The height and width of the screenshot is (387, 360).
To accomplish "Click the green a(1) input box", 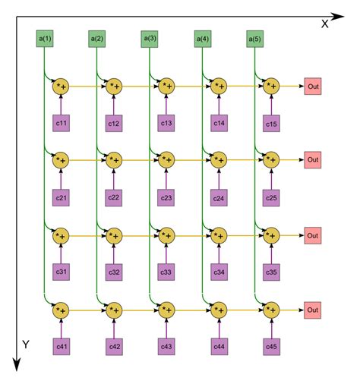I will (44, 37).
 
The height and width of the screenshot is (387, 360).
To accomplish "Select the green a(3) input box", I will (150, 37).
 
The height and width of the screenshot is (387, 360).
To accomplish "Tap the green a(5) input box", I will (255, 37).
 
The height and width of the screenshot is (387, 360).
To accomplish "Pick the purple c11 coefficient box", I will (61, 122).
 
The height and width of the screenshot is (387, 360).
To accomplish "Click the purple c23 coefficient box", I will (166, 197).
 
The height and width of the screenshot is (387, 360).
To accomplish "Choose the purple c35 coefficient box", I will (271, 272).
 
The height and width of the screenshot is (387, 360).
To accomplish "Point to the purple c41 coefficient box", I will (61, 346).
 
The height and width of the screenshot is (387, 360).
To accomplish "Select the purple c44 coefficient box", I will (219, 346).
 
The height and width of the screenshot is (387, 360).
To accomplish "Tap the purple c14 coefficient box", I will (219, 122).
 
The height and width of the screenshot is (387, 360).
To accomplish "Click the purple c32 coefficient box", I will (114, 271).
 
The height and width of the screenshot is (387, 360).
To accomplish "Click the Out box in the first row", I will (313, 87).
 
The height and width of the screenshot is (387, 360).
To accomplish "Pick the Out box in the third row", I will (313, 235).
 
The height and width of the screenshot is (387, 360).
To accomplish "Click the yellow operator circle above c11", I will (61, 87).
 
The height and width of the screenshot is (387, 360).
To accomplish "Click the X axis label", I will (324, 24).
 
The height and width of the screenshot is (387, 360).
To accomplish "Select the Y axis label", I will (25, 345).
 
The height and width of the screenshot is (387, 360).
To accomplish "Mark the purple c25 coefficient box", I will (271, 197).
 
